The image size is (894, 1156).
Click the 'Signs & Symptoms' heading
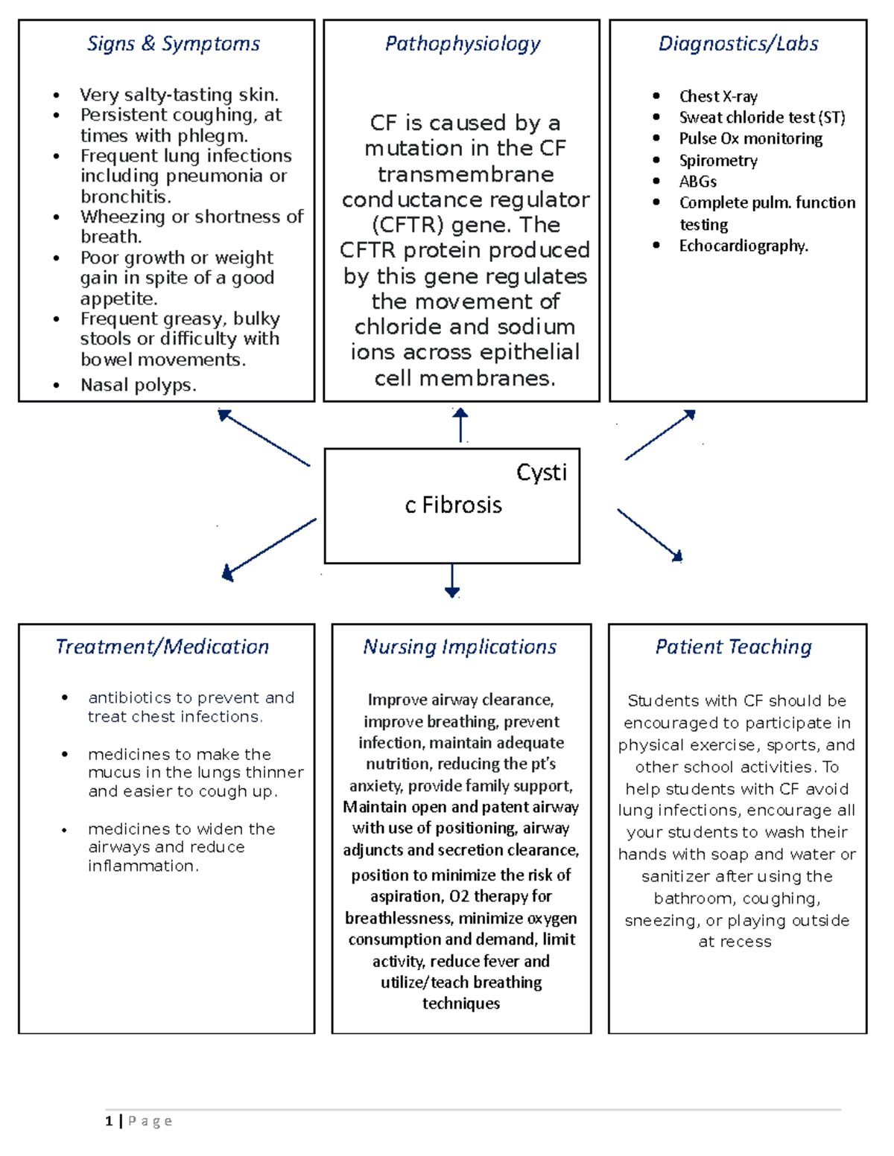174,44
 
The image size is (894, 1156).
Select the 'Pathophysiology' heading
462,44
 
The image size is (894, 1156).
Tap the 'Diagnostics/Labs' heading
738,44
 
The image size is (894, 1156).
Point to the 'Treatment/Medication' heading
162,647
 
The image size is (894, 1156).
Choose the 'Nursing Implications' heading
460,647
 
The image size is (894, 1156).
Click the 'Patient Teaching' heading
734,647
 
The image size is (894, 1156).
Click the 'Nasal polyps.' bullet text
139,386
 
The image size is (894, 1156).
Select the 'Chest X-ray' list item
718,97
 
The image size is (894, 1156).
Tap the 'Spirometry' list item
718,161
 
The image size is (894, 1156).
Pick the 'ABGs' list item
698,182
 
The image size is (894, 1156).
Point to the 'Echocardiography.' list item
744,246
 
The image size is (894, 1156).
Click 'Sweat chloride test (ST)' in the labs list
762,118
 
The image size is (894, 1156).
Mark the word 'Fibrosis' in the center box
462,505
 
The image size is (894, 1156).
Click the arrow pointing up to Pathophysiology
460,425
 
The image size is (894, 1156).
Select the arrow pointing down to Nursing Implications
452,581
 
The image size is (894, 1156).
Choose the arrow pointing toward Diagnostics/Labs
660,435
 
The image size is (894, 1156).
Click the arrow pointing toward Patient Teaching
650,534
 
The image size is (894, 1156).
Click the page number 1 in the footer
110,1121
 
